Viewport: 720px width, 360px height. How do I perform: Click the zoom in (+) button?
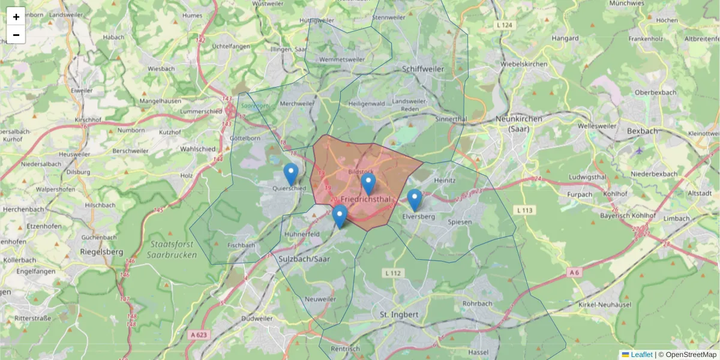point(16,17)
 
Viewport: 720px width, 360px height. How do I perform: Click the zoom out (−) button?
point(16,35)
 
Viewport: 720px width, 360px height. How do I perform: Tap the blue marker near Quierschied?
point(291,174)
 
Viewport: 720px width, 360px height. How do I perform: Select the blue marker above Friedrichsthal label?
point(368,184)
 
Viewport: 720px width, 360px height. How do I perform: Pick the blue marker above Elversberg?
point(415,200)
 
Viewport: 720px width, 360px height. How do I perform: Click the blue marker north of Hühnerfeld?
point(340,216)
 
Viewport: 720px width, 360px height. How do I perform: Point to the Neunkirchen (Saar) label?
point(519,124)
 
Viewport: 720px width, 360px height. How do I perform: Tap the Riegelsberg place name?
point(101,253)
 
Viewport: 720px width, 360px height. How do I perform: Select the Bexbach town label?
point(641,130)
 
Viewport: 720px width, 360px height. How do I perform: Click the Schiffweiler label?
point(424,69)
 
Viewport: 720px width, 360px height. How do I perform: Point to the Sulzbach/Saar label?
point(305,259)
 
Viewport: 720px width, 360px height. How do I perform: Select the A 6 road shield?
point(574,272)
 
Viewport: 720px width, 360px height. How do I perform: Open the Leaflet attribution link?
point(641,355)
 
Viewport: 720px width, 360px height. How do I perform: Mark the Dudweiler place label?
point(259,319)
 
